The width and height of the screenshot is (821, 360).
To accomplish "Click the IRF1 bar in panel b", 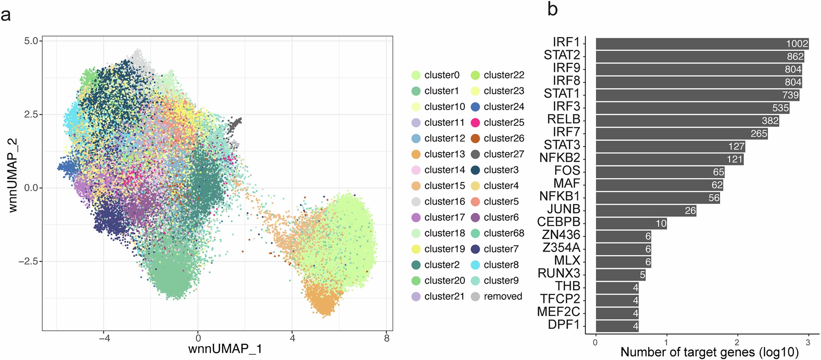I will click(702, 44).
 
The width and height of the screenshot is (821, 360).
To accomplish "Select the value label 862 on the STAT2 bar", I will click(795, 57).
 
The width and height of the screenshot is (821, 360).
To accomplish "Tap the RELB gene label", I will click(563, 119).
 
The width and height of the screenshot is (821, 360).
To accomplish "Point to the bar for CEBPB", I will click(631, 223).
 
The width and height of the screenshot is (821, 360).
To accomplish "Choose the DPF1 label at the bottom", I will click(564, 325).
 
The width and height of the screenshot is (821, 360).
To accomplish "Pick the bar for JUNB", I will click(645, 210).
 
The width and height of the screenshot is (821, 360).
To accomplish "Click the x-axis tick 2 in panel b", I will click(737, 343).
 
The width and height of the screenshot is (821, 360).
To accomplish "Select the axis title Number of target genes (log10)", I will click(709, 352).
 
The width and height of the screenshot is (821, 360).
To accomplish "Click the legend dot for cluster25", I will click(475, 123).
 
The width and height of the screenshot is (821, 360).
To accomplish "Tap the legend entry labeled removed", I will click(503, 296).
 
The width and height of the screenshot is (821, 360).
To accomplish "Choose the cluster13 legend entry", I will click(444, 154).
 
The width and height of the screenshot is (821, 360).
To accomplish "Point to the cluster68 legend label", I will click(504, 233).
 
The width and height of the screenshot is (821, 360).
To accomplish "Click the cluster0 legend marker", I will click(416, 75).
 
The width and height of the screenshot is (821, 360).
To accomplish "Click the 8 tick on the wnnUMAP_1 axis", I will click(386, 338).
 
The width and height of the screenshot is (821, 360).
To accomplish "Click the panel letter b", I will click(552, 9).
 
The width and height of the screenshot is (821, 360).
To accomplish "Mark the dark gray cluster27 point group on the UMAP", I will click(234, 125).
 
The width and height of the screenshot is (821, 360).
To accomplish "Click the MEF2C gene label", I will click(558, 312).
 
